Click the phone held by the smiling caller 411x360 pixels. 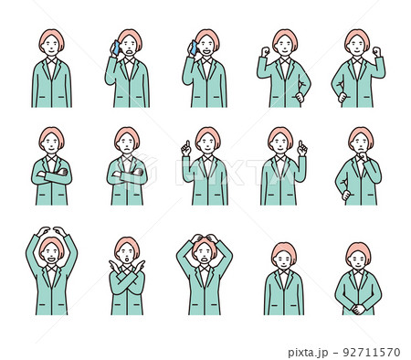[193, 48]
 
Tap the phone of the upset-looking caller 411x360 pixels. [116, 48]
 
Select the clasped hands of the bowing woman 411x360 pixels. [358, 309]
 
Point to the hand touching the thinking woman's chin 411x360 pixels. [364, 156]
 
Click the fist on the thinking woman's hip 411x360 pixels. [345, 195]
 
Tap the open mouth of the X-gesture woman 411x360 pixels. [127, 259]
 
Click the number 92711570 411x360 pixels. [371, 353]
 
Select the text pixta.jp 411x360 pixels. [308, 353]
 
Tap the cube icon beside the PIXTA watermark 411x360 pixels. [143, 171]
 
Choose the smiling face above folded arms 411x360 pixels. [51, 144]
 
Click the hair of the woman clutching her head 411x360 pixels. [205, 244]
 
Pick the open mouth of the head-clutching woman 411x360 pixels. [205, 259]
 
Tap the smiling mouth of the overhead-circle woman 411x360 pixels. [51, 259]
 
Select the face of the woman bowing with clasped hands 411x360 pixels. [358, 259]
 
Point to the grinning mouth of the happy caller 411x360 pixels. [207, 51]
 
